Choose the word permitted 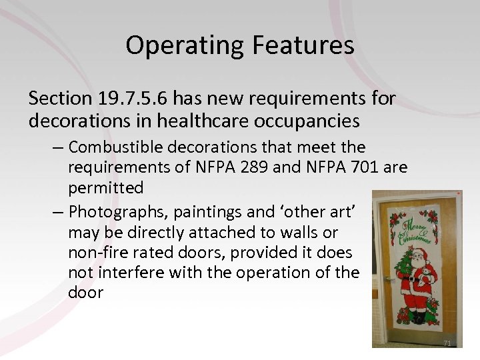coord(105,188)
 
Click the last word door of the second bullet coord(86,293)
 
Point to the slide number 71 coord(447,343)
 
